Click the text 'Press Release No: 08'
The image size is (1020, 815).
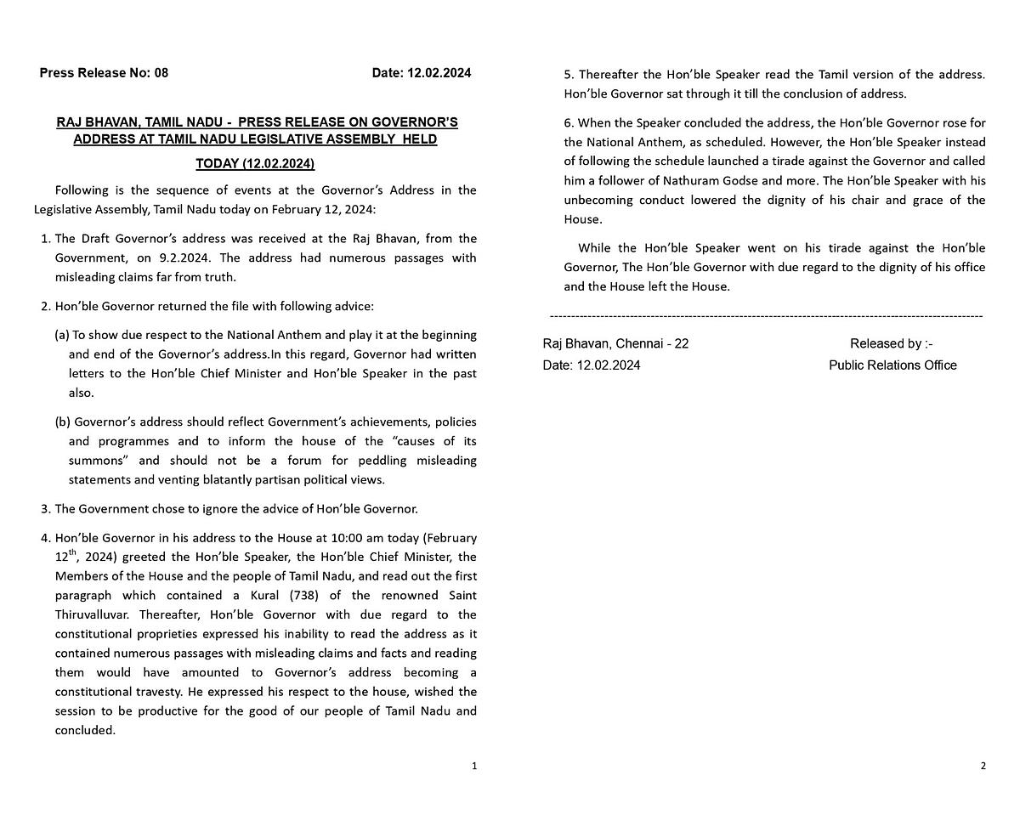(x=104, y=73)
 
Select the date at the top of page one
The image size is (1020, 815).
(x=422, y=73)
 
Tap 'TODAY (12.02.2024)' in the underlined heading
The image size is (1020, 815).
(x=255, y=163)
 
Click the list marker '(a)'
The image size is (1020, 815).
(x=61, y=335)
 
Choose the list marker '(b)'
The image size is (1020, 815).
(x=62, y=422)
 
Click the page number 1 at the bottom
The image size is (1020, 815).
(x=474, y=766)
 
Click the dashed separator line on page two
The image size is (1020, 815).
(x=765, y=316)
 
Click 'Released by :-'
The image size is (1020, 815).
(x=891, y=344)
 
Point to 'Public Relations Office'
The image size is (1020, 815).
(x=892, y=365)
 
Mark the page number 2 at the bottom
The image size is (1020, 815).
(x=983, y=766)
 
